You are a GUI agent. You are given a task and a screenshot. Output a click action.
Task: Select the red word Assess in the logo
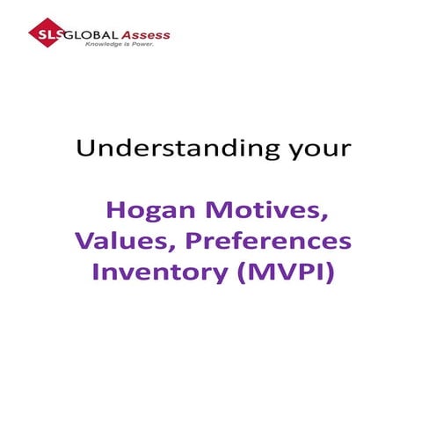145,35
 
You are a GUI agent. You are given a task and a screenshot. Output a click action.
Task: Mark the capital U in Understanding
84,147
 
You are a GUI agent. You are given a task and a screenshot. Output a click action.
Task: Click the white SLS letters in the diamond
41,34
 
